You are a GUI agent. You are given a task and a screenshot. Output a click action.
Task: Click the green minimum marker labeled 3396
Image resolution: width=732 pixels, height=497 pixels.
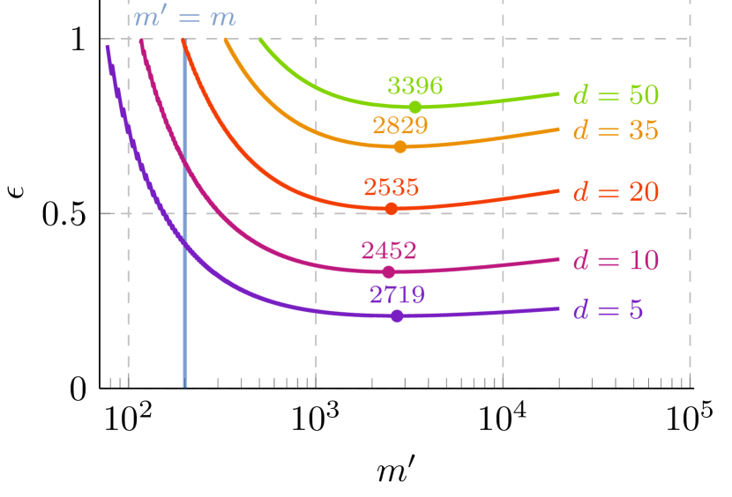tap(415, 108)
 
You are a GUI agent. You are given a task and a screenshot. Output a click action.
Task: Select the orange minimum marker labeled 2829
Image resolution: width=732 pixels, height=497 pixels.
tap(400, 147)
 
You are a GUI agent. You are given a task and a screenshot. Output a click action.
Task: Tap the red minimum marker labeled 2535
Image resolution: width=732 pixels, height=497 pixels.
tap(392, 209)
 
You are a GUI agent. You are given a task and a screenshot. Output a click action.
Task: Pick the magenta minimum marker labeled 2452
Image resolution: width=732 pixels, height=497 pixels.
tap(389, 271)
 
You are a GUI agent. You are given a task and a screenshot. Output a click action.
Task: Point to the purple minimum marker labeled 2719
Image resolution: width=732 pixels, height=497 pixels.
tap(397, 315)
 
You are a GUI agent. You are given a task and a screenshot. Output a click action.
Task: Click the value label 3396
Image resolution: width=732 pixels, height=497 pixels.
tap(415, 86)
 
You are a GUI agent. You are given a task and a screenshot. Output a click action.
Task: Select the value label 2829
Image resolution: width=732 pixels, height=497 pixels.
tap(400, 126)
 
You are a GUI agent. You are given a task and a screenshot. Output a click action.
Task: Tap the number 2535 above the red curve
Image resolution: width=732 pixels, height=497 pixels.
tap(392, 188)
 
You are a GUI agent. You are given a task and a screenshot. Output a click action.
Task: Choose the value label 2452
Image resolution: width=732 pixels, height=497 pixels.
tap(389, 251)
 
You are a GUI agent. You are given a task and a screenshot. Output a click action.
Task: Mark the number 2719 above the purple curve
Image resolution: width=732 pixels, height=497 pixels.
tap(397, 294)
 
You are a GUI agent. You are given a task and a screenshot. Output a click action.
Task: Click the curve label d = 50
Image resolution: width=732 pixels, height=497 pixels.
tap(616, 95)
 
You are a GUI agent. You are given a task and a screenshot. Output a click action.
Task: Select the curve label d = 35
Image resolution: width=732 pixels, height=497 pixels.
tap(616, 131)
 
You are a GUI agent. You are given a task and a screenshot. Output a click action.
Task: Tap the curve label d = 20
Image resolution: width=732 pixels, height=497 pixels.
tap(616, 192)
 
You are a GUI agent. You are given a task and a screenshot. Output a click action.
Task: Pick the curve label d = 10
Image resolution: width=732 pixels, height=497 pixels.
tap(616, 261)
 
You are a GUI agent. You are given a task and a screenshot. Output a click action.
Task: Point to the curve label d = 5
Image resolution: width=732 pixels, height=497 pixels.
tap(608, 310)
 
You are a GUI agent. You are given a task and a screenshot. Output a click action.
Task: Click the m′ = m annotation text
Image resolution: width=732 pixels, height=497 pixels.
tap(185, 19)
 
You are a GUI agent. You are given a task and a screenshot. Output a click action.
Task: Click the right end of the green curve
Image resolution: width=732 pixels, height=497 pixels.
tap(558, 94)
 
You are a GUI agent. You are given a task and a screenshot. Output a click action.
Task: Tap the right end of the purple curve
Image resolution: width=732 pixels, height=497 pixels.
tap(558, 308)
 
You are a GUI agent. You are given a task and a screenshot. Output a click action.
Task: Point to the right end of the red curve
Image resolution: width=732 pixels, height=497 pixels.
tap(558, 191)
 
